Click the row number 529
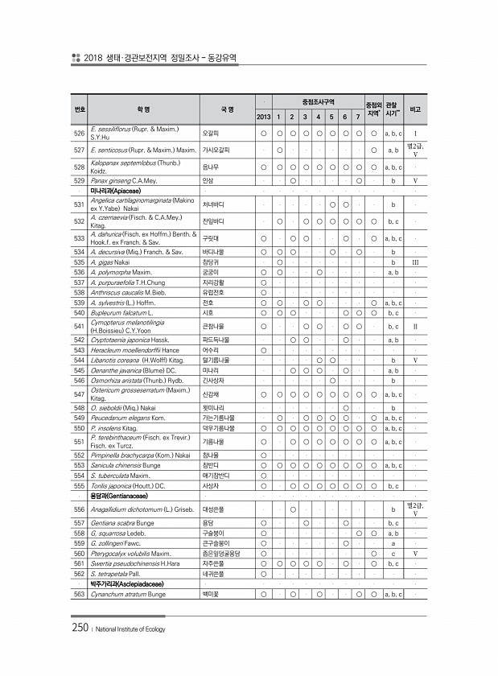(79, 181)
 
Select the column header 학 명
(142, 109)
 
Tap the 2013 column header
(263, 117)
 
